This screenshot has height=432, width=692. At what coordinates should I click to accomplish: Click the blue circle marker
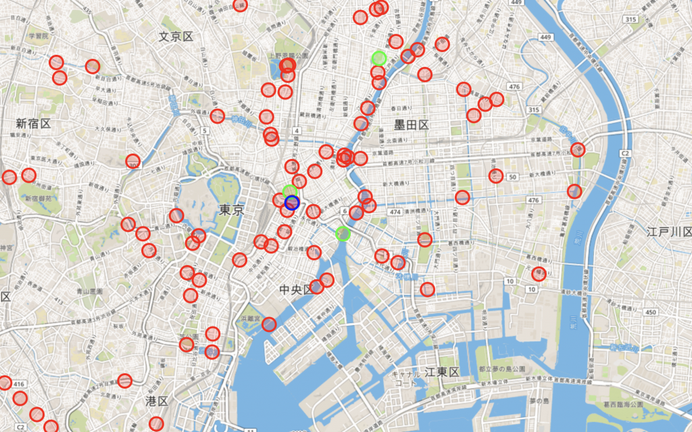[292, 202]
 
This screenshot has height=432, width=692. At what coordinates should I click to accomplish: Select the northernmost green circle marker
[379, 58]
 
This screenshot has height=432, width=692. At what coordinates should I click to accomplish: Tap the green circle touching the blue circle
[290, 192]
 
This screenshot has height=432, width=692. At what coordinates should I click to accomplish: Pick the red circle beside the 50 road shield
[495, 176]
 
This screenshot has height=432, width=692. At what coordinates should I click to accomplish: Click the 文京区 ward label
[176, 37]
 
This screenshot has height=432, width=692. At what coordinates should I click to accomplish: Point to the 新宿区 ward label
[34, 123]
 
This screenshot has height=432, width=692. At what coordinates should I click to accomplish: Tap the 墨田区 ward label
[412, 124]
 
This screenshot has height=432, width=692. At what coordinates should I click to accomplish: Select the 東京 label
[231, 210]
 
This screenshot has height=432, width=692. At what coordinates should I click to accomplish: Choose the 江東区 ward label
[442, 373]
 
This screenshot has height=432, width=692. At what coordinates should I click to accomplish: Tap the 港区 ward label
[156, 401]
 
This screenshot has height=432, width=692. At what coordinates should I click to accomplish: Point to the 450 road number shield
[651, 312]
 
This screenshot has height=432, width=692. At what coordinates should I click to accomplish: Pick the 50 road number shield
[513, 177]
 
